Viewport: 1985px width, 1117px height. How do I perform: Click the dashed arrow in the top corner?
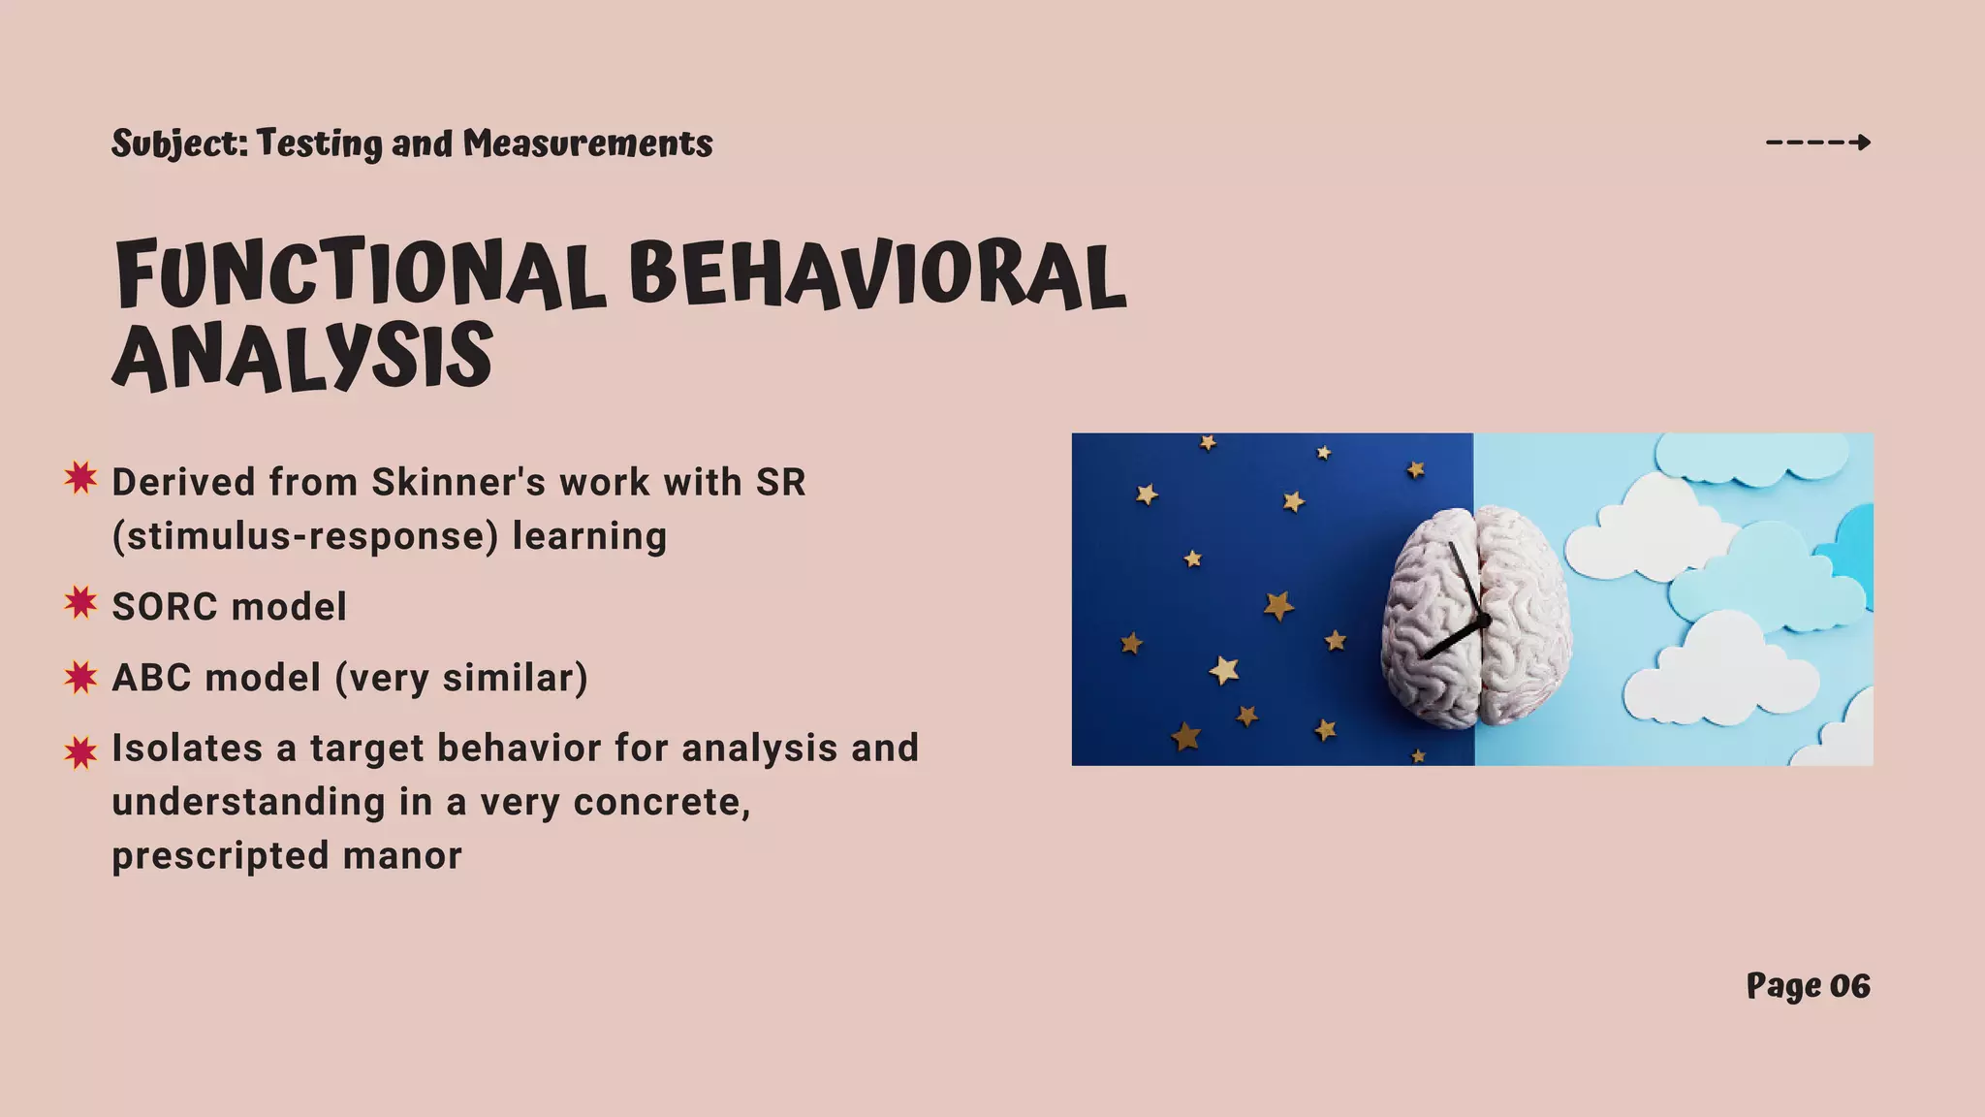(1818, 143)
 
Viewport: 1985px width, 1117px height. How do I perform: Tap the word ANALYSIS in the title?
(302, 357)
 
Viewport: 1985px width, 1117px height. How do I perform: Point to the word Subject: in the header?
(180, 144)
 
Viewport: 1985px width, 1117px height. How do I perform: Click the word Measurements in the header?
(587, 144)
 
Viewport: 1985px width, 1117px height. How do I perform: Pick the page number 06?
(1849, 986)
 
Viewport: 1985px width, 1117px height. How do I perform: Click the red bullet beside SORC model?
(81, 603)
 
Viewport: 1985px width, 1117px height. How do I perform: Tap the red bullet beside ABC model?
(81, 677)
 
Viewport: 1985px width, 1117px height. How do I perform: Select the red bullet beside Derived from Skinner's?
(81, 478)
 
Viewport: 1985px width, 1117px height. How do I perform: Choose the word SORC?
(164, 607)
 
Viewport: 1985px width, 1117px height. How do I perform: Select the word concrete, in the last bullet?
(662, 803)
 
